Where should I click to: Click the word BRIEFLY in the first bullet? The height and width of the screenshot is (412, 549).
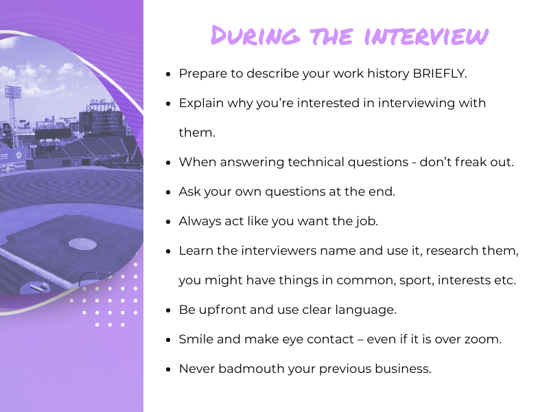click(439, 73)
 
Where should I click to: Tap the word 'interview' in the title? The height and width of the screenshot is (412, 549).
click(426, 36)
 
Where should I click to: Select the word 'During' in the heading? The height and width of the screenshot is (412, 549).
click(255, 36)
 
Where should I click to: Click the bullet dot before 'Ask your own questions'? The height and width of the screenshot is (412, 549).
click(169, 192)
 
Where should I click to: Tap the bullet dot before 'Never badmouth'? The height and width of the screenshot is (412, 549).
click(169, 369)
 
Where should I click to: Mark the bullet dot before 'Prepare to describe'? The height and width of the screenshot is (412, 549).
click(169, 74)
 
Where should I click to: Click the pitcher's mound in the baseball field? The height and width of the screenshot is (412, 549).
click(82, 244)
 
